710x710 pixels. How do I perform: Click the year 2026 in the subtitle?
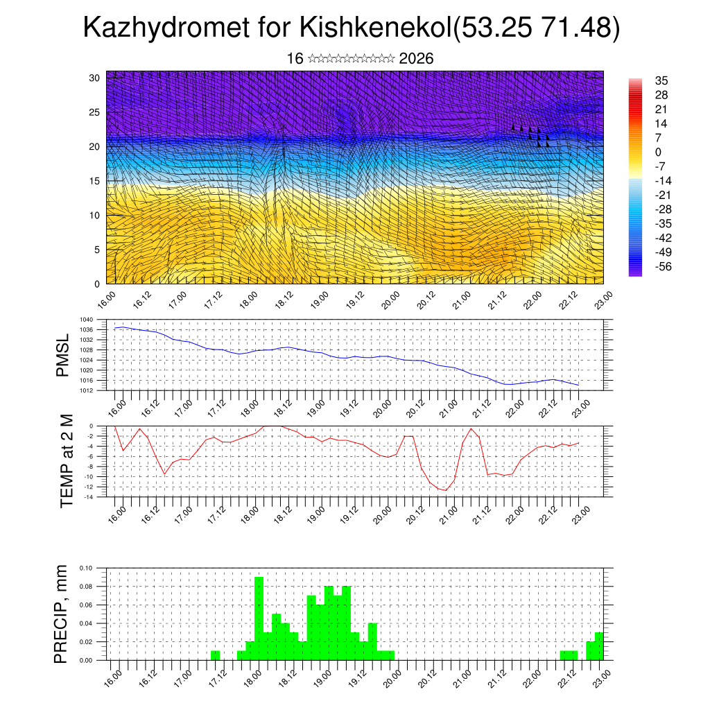click(417, 58)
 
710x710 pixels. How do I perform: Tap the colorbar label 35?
click(662, 80)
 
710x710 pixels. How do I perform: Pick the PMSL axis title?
click(62, 355)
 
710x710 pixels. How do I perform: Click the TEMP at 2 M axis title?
click(67, 461)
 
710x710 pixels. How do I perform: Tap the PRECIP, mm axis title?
click(62, 614)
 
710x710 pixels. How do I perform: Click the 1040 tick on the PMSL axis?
click(87, 320)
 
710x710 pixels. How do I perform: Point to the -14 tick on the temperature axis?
click(88, 497)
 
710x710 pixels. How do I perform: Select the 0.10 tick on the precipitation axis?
click(85, 568)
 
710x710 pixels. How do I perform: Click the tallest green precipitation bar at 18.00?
click(259, 617)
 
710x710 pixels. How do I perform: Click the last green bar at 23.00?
click(599, 646)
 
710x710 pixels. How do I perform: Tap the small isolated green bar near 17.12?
click(215, 655)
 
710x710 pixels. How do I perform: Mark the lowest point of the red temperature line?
click(447, 490)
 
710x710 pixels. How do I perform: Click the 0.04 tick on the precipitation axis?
click(85, 623)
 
